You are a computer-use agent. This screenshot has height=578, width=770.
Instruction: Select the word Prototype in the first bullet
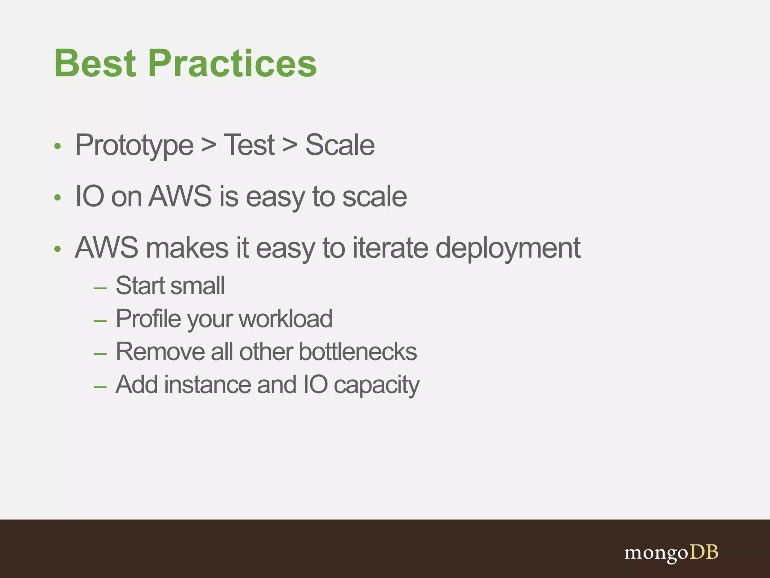click(x=134, y=146)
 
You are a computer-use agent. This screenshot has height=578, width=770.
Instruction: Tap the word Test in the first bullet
click(x=249, y=145)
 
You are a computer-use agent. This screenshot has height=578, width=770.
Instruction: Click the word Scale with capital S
click(x=340, y=145)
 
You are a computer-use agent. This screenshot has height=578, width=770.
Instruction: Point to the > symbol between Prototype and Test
click(x=209, y=145)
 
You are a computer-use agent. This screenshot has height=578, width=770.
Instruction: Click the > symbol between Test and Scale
click(x=290, y=145)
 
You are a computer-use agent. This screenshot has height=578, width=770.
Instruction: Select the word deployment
click(x=508, y=248)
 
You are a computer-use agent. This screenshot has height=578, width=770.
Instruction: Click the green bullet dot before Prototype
click(x=57, y=146)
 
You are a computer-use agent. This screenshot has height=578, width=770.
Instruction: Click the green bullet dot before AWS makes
click(x=57, y=249)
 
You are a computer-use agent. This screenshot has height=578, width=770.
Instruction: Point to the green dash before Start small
click(x=100, y=288)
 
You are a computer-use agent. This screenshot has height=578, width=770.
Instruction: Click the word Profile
click(x=149, y=318)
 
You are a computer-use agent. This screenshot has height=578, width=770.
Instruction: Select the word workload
click(x=285, y=318)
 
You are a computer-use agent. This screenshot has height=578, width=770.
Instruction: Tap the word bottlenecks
click(x=358, y=351)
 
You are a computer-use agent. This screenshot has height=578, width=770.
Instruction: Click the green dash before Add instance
click(x=100, y=387)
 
